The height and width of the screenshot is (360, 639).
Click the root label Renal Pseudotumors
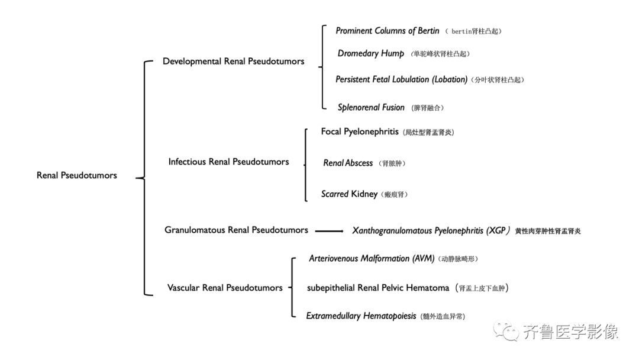click(x=76, y=175)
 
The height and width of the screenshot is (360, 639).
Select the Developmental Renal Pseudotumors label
click(x=234, y=62)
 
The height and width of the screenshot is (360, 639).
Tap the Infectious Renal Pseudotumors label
click(x=228, y=162)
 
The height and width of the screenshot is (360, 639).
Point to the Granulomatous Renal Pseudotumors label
click(x=236, y=230)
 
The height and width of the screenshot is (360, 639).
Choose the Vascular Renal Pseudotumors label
click(x=225, y=288)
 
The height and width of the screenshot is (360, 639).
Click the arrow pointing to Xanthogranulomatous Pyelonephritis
click(x=330, y=231)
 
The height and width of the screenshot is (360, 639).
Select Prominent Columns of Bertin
click(x=388, y=31)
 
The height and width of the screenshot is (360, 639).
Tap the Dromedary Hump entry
click(x=371, y=53)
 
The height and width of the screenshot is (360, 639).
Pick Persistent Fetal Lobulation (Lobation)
click(x=401, y=79)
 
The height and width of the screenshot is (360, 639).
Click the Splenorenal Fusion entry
click(x=371, y=108)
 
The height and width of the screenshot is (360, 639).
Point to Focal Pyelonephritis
click(x=360, y=131)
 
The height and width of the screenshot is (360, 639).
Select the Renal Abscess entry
click(x=348, y=163)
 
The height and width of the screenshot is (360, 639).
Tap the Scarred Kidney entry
click(x=349, y=194)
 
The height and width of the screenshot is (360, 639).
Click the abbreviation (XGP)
click(x=498, y=231)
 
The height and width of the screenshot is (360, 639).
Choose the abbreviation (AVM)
click(x=424, y=259)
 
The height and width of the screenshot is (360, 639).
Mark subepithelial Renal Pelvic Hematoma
click(x=378, y=288)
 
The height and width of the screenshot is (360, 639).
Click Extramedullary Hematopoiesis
click(x=362, y=316)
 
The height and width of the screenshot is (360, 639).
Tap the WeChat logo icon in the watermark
click(x=505, y=330)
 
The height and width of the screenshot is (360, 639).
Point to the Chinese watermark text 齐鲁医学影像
click(x=570, y=332)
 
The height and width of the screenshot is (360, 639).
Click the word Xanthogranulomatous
click(x=392, y=231)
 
